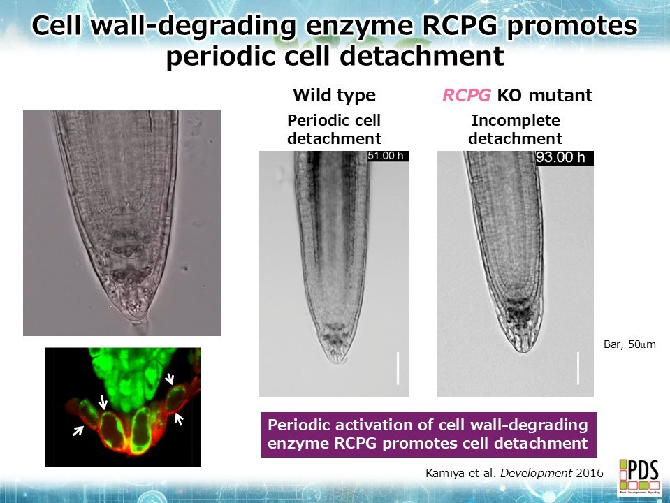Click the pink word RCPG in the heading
467,95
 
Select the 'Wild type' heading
334,95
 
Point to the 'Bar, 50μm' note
629,344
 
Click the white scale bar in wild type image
398,368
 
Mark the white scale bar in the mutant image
578,368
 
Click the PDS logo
639,476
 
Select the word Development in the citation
536,473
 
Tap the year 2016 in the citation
590,473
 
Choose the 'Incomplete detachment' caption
516,129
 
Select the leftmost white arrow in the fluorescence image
78,431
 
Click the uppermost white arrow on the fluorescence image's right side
170,378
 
